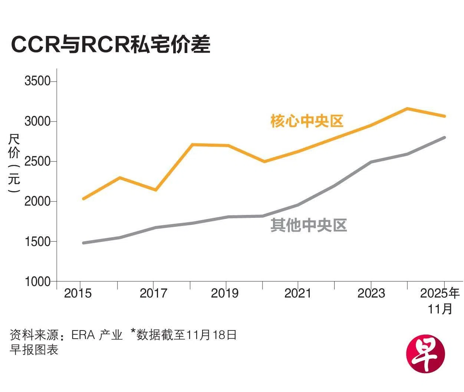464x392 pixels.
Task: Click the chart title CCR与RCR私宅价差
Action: click(x=111, y=44)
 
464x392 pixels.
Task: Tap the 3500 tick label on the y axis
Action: click(x=37, y=81)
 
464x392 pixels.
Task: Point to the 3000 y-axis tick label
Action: click(x=37, y=121)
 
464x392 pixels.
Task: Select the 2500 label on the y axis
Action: click(x=37, y=162)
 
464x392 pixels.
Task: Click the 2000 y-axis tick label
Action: click(x=37, y=202)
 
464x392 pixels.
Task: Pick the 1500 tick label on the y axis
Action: click(x=37, y=242)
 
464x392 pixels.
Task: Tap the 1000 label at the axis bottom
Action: click(x=37, y=282)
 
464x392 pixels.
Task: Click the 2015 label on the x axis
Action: click(x=78, y=293)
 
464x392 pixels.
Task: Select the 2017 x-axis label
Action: click(x=154, y=293)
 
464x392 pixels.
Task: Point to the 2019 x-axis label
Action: click(x=225, y=293)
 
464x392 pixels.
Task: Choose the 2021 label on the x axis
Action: click(x=298, y=293)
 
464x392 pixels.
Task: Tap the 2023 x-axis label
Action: click(x=371, y=293)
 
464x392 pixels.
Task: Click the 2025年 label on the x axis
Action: click(x=440, y=293)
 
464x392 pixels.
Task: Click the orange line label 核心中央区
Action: click(x=307, y=121)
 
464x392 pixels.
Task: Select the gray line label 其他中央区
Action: click(x=309, y=225)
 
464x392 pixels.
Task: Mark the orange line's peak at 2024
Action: click(x=407, y=109)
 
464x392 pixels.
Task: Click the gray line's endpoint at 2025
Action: click(x=444, y=137)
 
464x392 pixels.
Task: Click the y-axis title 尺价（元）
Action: click(x=14, y=163)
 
